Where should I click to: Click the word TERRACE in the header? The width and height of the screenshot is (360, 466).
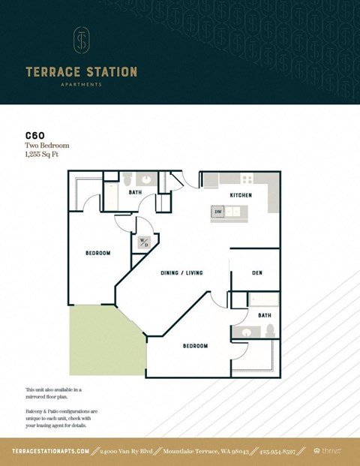pos(52,72)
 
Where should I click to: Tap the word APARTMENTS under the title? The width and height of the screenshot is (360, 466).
pos(81,85)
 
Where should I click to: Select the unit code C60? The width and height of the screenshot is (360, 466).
pos(34,136)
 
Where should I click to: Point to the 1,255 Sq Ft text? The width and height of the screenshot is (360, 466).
pos(41,154)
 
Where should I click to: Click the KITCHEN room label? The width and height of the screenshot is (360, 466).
pos(240,195)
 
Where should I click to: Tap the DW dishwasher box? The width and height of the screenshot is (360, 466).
pos(218,212)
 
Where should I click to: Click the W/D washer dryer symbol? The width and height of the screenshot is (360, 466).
pos(143,243)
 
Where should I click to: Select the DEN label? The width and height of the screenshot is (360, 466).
pos(256,272)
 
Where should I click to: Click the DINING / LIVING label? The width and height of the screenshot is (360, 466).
pos(181,272)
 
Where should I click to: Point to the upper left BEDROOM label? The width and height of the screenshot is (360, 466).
pos(97,254)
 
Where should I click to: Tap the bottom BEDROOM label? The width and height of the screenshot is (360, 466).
pos(195,346)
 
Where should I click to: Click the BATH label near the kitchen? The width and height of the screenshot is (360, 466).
pos(135,192)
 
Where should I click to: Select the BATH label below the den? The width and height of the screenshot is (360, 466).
pos(264,316)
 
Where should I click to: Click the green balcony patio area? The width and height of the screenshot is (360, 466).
pos(101,341)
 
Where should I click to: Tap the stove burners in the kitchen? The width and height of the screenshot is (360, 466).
pos(246,179)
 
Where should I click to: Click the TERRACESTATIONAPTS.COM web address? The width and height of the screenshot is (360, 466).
pos(51,451)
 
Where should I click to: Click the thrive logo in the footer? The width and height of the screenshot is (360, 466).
pos(328,451)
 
